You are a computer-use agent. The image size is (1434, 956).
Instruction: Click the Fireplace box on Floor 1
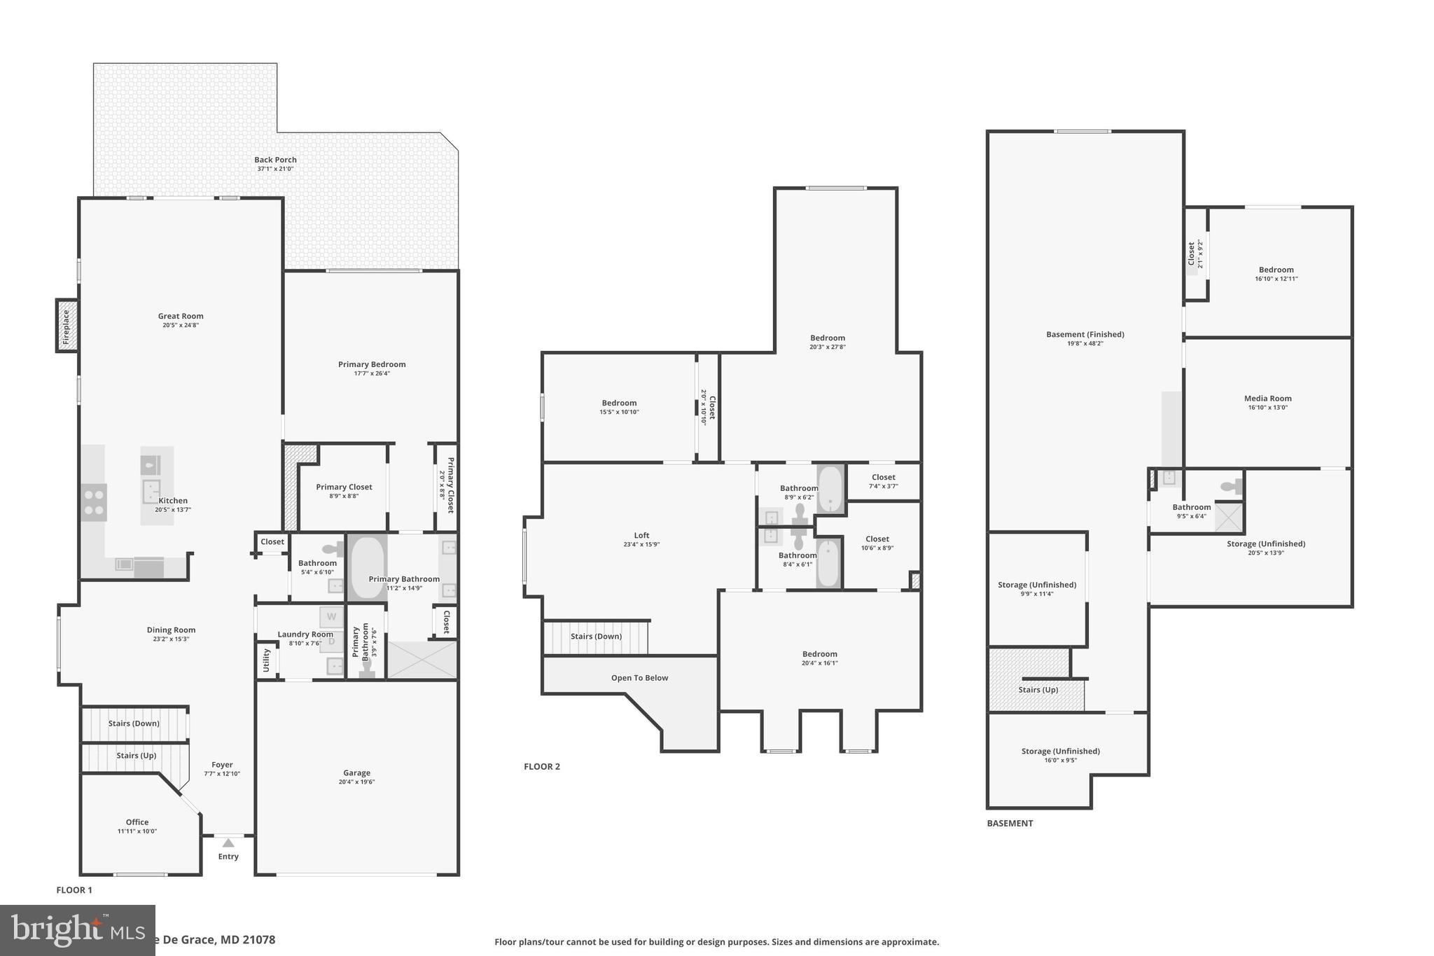click(x=67, y=326)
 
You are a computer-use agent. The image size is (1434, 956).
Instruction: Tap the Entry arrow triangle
click(x=228, y=843)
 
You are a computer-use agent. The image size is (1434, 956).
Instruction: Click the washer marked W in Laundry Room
click(x=332, y=617)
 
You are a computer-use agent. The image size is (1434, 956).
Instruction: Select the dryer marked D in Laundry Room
click(x=332, y=642)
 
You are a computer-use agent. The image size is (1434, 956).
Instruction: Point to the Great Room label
click(x=181, y=316)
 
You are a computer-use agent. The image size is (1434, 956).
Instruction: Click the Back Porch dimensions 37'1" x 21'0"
click(x=275, y=169)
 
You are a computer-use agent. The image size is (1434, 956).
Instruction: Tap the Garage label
click(x=356, y=773)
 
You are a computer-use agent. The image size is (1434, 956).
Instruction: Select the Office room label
click(x=137, y=822)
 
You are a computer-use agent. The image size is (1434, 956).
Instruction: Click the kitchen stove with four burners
click(x=94, y=502)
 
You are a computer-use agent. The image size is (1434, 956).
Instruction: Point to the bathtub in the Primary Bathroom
click(x=367, y=568)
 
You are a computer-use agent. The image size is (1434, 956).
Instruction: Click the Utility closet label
click(x=266, y=660)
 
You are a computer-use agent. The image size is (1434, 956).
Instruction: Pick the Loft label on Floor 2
click(x=641, y=535)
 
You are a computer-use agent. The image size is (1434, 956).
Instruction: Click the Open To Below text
click(x=639, y=678)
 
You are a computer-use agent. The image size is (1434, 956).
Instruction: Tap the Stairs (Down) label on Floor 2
click(x=596, y=636)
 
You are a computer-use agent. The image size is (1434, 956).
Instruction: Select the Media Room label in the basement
click(x=1267, y=398)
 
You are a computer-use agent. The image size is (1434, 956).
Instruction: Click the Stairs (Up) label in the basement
click(x=1038, y=689)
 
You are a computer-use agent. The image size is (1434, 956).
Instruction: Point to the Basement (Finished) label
click(x=1085, y=334)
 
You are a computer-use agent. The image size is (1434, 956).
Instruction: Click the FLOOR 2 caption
click(x=542, y=766)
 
